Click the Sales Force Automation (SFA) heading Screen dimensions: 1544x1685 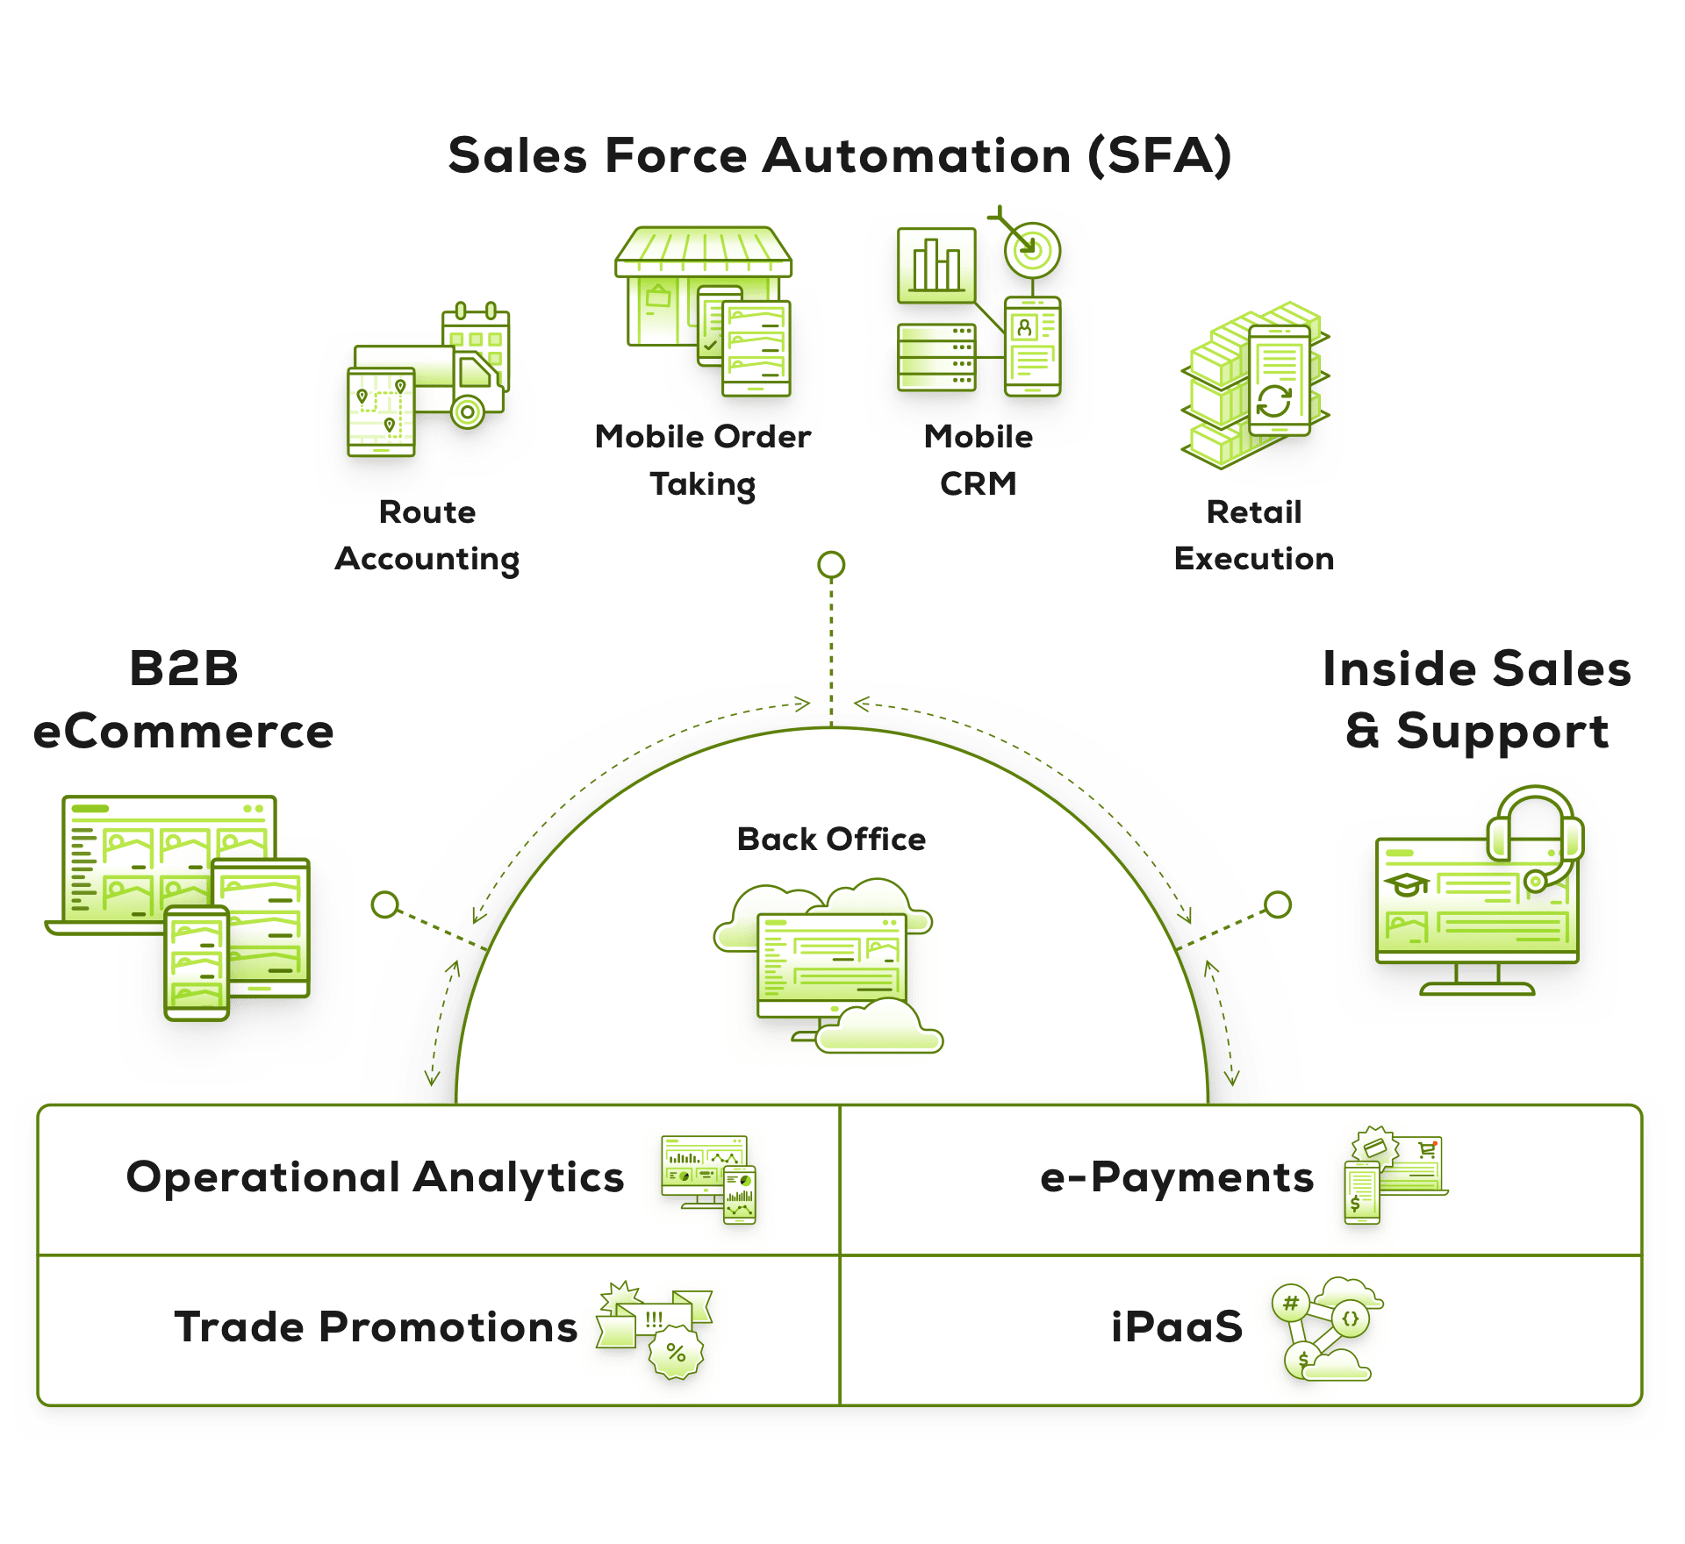pos(839,156)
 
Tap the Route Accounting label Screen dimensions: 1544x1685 pos(427,535)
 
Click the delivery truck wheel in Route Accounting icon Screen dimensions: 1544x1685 pos(468,411)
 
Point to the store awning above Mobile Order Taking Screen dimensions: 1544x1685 pos(702,253)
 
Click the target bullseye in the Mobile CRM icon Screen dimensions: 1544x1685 pos(1032,250)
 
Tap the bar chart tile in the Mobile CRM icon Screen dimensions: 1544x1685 pos(936,265)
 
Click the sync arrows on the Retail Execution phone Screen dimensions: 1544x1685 pos(1273,401)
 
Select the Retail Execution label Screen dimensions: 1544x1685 pos(1253,535)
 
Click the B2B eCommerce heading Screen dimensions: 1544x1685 pos(183,699)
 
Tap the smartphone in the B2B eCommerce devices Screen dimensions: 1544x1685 pos(197,962)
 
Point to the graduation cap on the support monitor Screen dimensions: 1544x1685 pos(1406,884)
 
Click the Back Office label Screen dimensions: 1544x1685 pos(831,840)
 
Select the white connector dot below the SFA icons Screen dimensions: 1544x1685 pos(831,565)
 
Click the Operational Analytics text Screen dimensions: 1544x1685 pos(375,1177)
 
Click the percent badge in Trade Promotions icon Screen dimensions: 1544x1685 pos(676,1352)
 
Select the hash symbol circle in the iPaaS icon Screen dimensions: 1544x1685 pos(1290,1304)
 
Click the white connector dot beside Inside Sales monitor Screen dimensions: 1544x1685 pos(1278,904)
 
